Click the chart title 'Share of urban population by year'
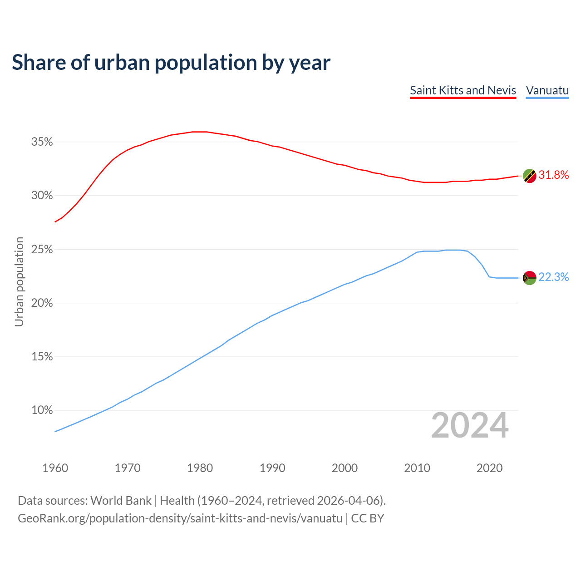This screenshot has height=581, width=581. coord(171,63)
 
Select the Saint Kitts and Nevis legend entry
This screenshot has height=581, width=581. coord(463,90)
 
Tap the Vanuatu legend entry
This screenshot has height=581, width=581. coord(547,90)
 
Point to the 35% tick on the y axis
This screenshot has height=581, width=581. coord(42,142)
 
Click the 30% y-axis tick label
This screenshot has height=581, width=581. coord(42,196)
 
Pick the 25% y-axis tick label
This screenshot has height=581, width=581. coord(42,250)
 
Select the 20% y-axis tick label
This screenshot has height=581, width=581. coord(42,303)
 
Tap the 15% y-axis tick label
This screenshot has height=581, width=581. coord(42,357)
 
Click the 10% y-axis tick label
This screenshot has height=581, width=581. coord(42,410)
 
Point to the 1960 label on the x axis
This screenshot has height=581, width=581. coord(55,468)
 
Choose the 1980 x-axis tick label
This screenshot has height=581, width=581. coord(200,468)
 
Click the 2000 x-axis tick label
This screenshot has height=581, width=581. coord(345,468)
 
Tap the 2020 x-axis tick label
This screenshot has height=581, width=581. coord(489,468)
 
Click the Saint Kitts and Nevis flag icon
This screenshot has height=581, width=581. coord(530,176)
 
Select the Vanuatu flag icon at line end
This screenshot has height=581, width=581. coord(530,278)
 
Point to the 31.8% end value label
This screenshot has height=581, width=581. coord(553,175)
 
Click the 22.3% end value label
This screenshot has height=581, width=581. coord(553,277)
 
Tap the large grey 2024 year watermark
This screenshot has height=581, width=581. coord(470,426)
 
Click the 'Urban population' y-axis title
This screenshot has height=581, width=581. coord(19,281)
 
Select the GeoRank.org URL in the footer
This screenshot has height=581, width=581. coord(180,518)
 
